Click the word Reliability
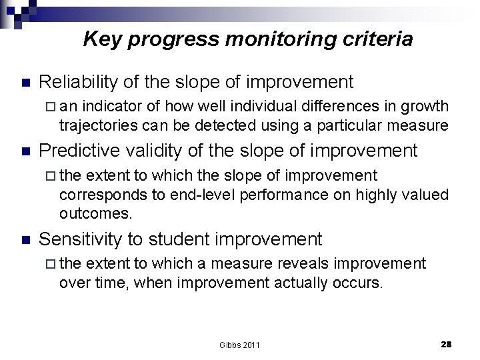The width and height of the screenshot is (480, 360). (x=79, y=82)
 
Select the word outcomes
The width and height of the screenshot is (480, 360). (x=96, y=214)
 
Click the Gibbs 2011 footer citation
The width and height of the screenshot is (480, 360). (x=239, y=345)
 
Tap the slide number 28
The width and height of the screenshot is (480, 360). (x=446, y=344)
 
